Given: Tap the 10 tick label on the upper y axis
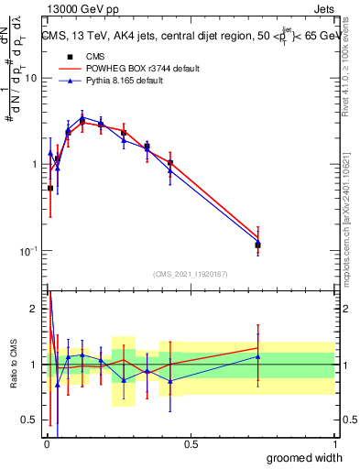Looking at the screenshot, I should [x=30, y=78].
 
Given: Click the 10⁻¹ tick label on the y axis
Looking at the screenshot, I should [x=27, y=251].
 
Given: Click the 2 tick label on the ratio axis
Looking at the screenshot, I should [x=34, y=309].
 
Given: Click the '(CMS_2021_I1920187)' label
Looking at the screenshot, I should [x=190, y=273].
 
